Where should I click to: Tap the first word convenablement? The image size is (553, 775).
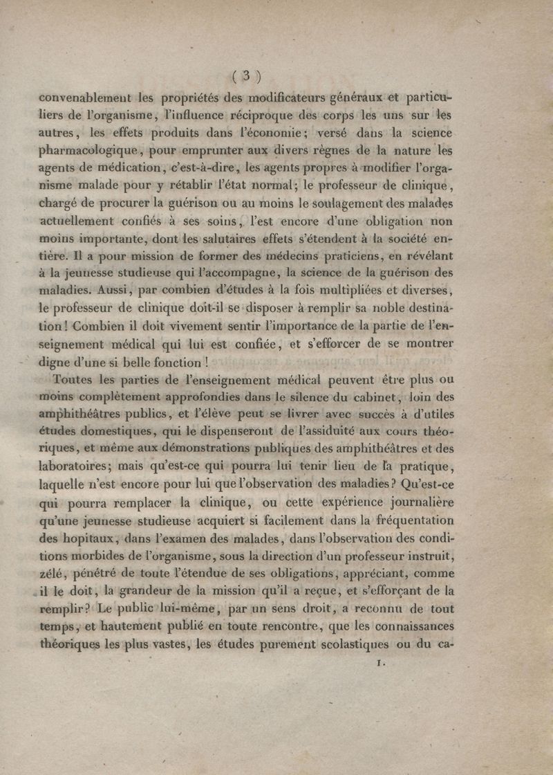[87, 97]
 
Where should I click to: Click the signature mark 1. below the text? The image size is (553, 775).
[379, 664]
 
